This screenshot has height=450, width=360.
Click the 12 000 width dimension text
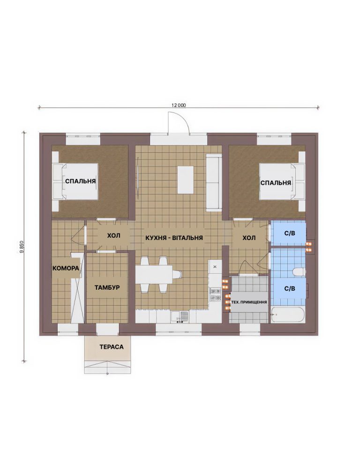[179, 105]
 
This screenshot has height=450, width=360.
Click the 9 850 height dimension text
[22, 247]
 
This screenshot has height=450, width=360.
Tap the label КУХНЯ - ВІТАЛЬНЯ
[174, 238]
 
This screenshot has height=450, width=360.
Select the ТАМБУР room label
[107, 287]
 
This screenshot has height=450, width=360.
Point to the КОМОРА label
[66, 268]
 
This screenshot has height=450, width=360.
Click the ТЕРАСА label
[112, 347]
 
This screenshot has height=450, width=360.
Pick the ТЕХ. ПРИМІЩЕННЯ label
[249, 302]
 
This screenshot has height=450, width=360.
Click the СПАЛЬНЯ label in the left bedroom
[80, 181]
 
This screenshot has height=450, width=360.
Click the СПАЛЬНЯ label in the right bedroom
[276, 183]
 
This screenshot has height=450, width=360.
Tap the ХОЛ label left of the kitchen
[114, 236]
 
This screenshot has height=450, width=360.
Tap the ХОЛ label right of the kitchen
[249, 238]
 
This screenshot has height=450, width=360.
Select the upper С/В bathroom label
[290, 233]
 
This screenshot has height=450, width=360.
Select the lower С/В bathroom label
[290, 288]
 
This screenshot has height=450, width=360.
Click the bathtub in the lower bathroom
[287, 315]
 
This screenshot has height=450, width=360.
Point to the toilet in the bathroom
[299, 272]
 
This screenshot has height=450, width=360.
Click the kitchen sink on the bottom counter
[180, 317]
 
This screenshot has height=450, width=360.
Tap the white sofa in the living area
[214, 182]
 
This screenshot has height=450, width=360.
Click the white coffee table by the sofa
[186, 180]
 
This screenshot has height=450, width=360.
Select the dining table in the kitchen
[154, 274]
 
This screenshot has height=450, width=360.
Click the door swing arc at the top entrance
[183, 119]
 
